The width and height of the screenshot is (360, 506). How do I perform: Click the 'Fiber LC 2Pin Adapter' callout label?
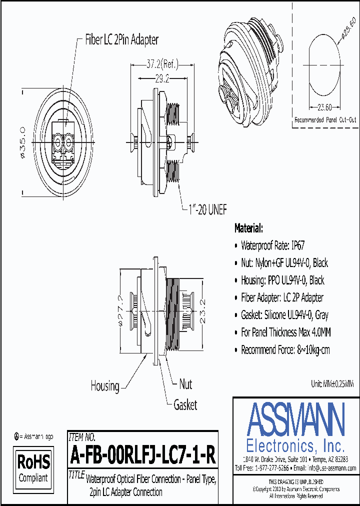click(122, 40)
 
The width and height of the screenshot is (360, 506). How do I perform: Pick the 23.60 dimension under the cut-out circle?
click(324, 106)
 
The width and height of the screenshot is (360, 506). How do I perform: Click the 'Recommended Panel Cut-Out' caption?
click(325, 120)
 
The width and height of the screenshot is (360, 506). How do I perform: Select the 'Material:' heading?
click(248, 228)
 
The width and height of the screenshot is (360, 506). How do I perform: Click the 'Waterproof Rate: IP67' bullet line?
click(272, 245)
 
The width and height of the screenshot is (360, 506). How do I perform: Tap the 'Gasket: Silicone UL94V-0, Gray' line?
click(284, 315)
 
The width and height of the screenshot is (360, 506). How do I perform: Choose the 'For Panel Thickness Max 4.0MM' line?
click(285, 332)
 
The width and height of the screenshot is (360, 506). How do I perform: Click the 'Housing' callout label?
click(105, 385)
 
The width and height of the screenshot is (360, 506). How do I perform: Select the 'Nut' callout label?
click(185, 384)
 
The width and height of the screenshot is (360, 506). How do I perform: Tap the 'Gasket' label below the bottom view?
click(185, 405)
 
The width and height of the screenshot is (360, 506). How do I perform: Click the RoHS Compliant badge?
click(34, 467)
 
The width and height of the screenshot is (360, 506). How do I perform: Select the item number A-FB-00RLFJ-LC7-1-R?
click(143, 455)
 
